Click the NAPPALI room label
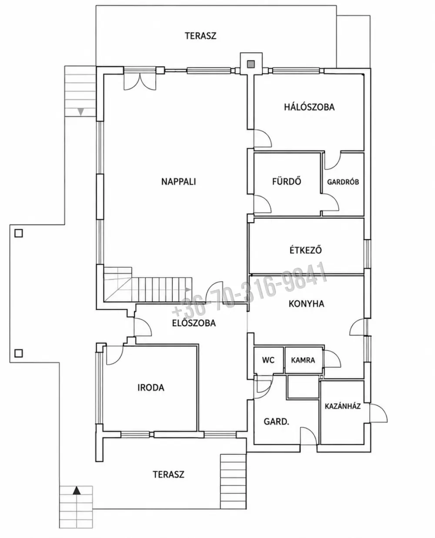coord(178,182)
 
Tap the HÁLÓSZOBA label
coord(309,107)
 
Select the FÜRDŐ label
coord(287,181)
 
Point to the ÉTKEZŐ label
coord(306,250)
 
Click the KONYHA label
coord(306,304)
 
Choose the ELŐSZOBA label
coord(194,323)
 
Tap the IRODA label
coord(151,388)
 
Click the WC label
coord(268,360)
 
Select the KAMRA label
coord(303,360)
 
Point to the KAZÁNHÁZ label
coord(343,406)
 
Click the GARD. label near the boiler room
coord(276,422)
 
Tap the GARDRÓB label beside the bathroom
coord(343,182)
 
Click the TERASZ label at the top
coord(201,36)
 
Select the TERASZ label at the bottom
coord(168,474)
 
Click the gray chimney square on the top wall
coord(251,64)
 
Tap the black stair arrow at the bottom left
coord(77,491)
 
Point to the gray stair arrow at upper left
coord(80,112)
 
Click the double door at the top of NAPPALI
coord(140,81)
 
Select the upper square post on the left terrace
coord(19,233)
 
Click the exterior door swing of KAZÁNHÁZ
coord(378,413)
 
